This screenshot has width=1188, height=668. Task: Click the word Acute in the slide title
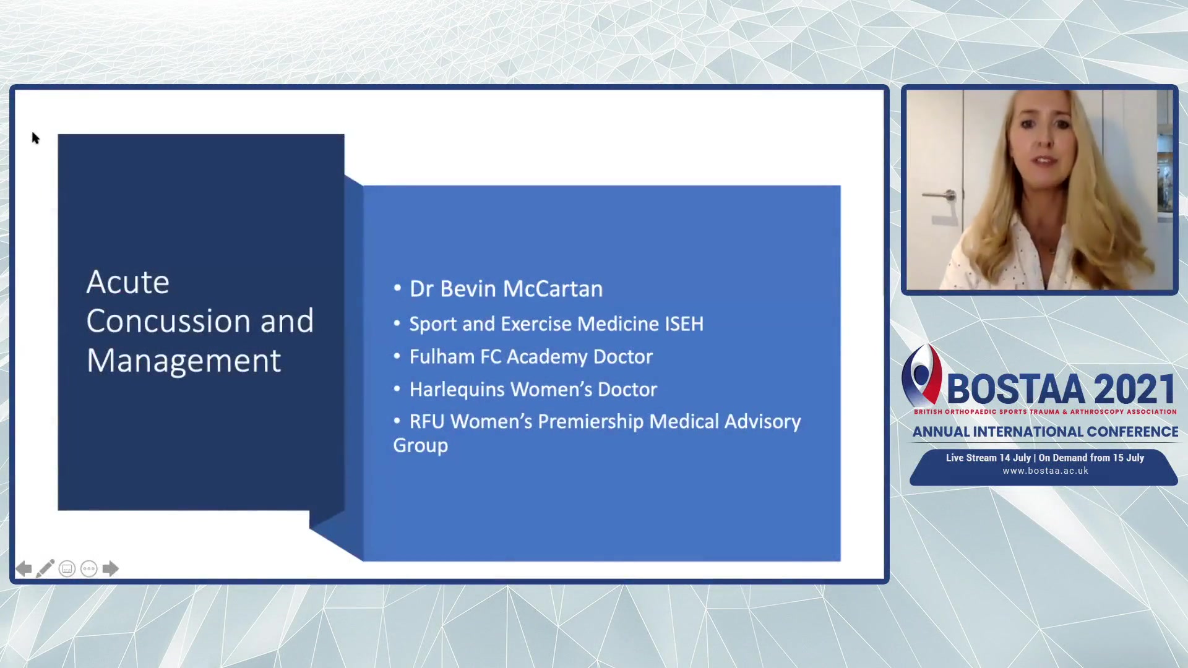128,283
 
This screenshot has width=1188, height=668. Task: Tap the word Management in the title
184,361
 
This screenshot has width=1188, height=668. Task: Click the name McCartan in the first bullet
553,289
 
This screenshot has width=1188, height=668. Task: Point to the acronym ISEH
684,323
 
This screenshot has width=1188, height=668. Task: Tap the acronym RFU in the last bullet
427,421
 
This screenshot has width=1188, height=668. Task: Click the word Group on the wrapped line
421,446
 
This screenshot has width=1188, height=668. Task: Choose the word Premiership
591,422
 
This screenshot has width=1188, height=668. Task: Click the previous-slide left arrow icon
24,569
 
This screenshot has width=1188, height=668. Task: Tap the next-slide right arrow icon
110,569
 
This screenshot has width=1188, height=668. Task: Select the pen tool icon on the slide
45,568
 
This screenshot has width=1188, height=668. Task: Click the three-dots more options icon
89,569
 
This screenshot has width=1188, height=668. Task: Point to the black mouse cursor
35,138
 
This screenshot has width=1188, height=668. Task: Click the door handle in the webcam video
940,195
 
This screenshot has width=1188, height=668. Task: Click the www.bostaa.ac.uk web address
1046,471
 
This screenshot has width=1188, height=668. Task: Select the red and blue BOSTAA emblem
921,375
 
